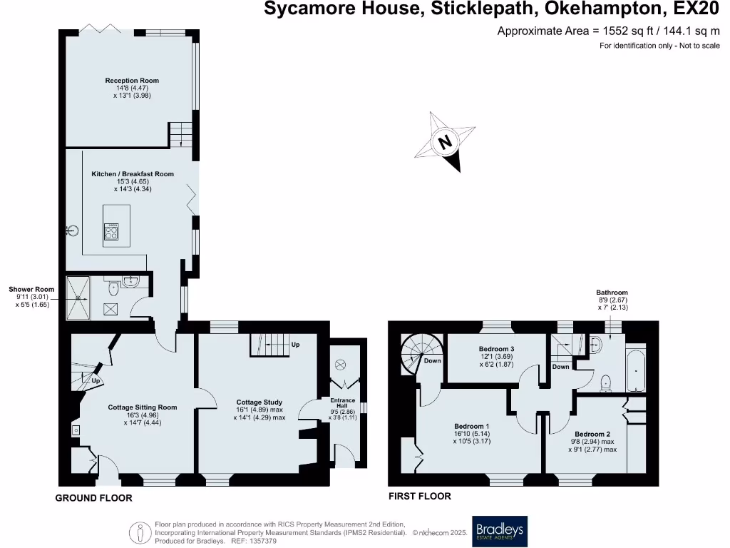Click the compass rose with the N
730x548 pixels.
[x=445, y=142]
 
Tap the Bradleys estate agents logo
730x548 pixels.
[x=499, y=532]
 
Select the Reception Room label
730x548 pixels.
[x=132, y=81]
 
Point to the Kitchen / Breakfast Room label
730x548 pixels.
[x=133, y=174]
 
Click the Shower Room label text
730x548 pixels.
[x=31, y=290]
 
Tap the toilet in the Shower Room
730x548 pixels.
[x=114, y=290]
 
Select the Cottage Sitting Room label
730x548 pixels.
[x=143, y=407]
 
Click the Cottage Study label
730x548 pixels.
[x=259, y=402]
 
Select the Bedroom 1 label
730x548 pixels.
[x=472, y=426]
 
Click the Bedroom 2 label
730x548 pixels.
[x=592, y=434]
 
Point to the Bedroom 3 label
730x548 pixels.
[x=496, y=349]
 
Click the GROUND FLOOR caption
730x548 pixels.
[x=94, y=498]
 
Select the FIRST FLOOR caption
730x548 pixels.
[x=420, y=496]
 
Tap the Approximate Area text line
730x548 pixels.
[x=608, y=31]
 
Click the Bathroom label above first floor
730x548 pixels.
[x=612, y=293]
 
